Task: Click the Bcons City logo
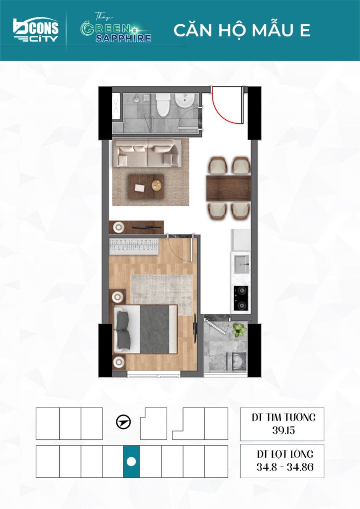tap(36, 29)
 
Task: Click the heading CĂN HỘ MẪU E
tap(242, 30)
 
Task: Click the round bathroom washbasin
tap(184, 101)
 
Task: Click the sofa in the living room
tap(147, 153)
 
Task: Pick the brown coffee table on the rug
tap(146, 187)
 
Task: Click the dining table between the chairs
tap(229, 188)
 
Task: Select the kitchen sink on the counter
tap(241, 263)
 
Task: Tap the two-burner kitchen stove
tap(241, 297)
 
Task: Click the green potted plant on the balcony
tap(239, 330)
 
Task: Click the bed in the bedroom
tap(145, 329)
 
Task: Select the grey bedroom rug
tap(162, 295)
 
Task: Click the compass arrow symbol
tap(124, 423)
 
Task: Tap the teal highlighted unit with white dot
tap(131, 461)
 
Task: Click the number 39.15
tap(283, 430)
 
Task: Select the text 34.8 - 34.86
tap(285, 467)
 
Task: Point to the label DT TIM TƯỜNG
tap(283, 417)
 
